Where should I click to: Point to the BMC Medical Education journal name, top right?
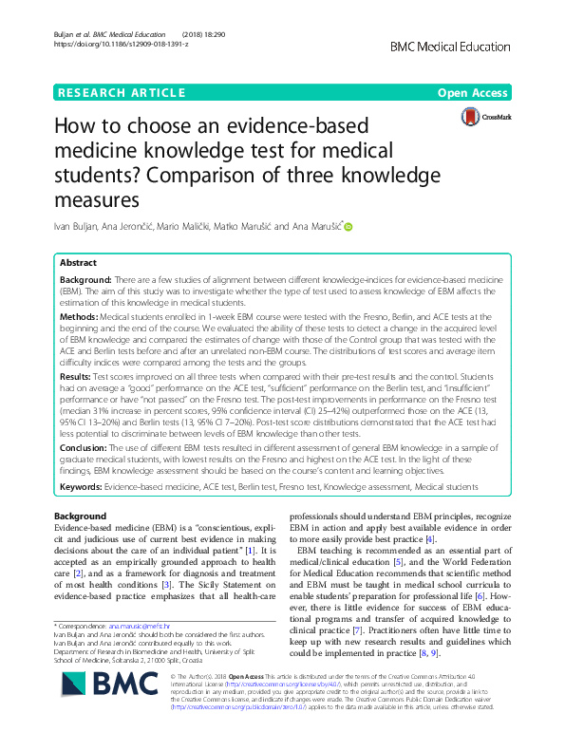pyautogui.click(x=457, y=44)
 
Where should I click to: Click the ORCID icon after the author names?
pyautogui.click(x=348, y=227)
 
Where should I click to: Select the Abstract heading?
pyautogui.click(x=78, y=262)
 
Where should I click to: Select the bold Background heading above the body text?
pyautogui.click(x=81, y=516)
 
